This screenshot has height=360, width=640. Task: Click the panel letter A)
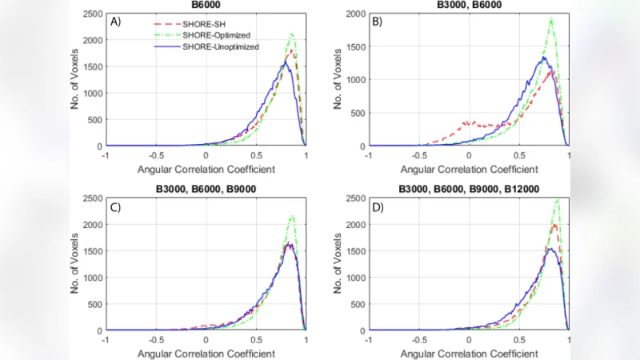[115, 22]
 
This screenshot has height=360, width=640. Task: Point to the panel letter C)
[115, 206]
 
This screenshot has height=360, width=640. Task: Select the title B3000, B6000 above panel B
[469, 4]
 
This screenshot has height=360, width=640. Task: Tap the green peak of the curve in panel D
[557, 200]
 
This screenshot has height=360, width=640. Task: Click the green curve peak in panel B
[552, 19]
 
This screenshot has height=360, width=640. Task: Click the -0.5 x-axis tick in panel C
[156, 339]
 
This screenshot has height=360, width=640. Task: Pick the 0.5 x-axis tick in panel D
[519, 339]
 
